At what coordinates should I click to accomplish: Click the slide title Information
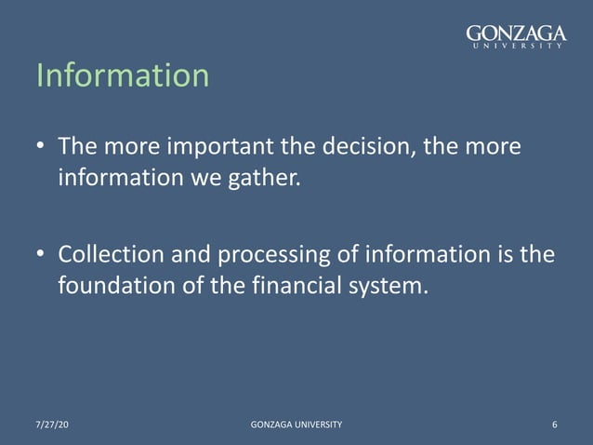[123, 75]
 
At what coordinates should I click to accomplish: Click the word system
[394, 284]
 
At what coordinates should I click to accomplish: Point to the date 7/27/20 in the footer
[52, 425]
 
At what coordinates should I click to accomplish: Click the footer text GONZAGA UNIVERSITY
[296, 425]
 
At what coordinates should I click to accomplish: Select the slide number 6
[554, 425]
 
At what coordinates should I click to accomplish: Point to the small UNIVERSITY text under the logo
[516, 46]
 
